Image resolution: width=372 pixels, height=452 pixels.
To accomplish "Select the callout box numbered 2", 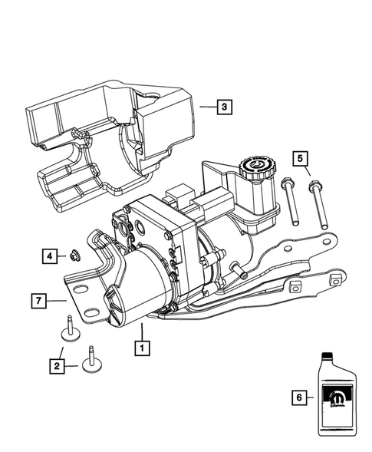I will pyautogui.click(x=56, y=368).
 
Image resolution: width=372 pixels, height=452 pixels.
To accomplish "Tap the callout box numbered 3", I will pyautogui.click(x=222, y=107).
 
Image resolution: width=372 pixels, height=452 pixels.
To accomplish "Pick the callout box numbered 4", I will pyautogui.click(x=48, y=255).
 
